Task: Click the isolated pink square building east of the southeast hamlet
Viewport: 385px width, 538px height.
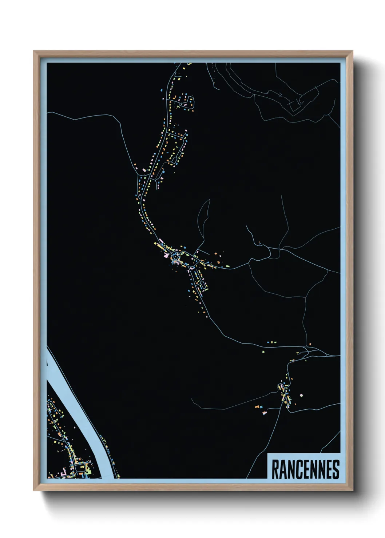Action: pyautogui.click(x=301, y=395)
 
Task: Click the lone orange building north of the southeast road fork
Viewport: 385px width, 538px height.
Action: pyautogui.click(x=311, y=343)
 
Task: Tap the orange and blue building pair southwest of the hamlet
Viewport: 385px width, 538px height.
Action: pyautogui.click(x=258, y=406)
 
